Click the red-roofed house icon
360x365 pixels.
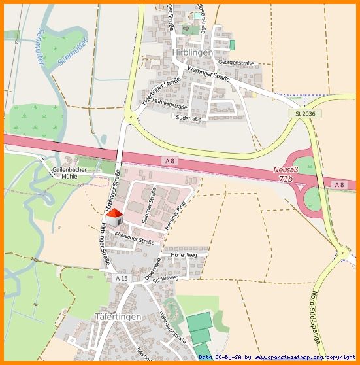[x=114, y=218]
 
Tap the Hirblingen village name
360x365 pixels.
[x=193, y=52]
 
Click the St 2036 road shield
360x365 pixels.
[x=305, y=114]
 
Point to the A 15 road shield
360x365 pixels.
[x=122, y=278]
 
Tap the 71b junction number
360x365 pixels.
[x=286, y=178]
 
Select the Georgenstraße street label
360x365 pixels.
[x=236, y=63]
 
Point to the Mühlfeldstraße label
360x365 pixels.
[x=171, y=104]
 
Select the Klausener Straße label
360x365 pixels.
[x=134, y=237]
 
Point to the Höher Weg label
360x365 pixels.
[x=184, y=254]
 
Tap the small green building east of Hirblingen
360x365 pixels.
[x=232, y=44]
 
